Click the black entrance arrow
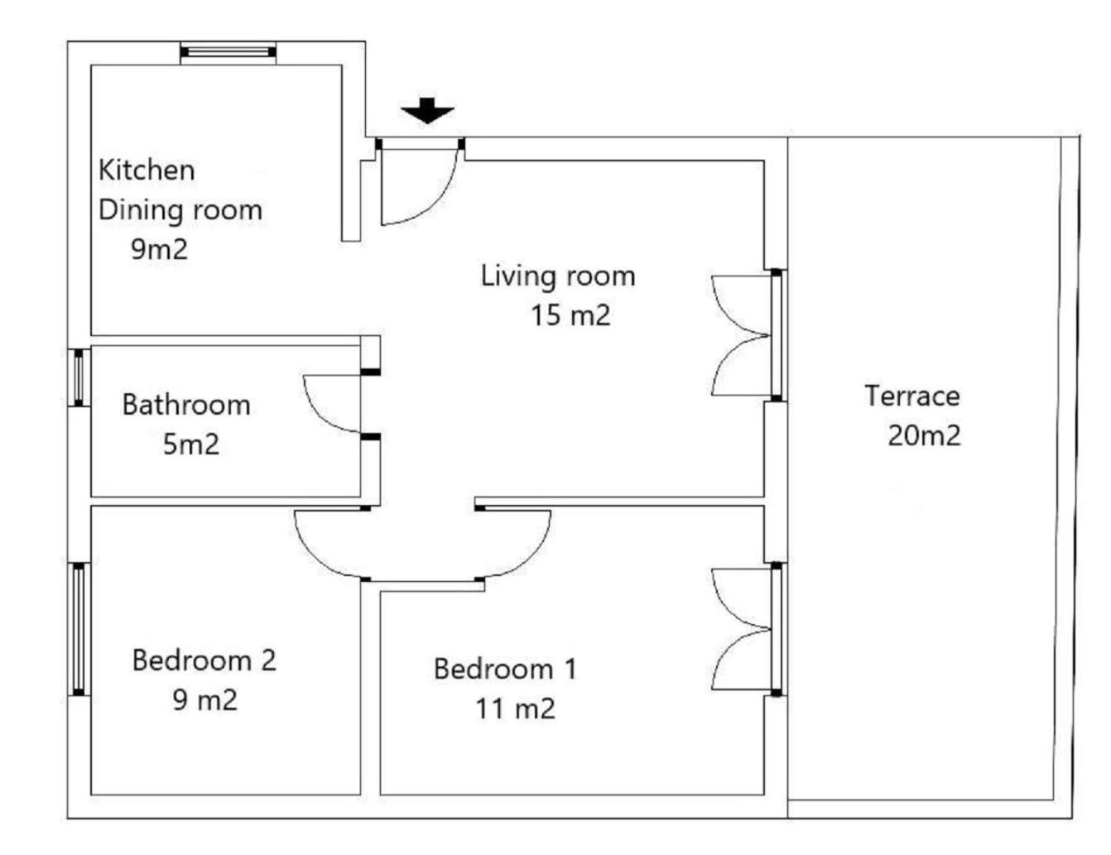tap(427, 110)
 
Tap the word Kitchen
tap(147, 171)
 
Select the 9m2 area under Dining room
tap(160, 249)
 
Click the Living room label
tap(558, 276)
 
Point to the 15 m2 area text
tap(570, 315)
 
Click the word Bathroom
tap(186, 405)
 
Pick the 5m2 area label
tap(191, 444)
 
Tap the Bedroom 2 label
tap(204, 660)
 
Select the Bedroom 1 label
tap(506, 669)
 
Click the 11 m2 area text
tap(516, 708)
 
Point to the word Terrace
tap(912, 396)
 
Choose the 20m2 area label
tap(924, 436)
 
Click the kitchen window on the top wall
tap(228, 52)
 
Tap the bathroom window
tap(79, 377)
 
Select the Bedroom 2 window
tap(79, 629)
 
